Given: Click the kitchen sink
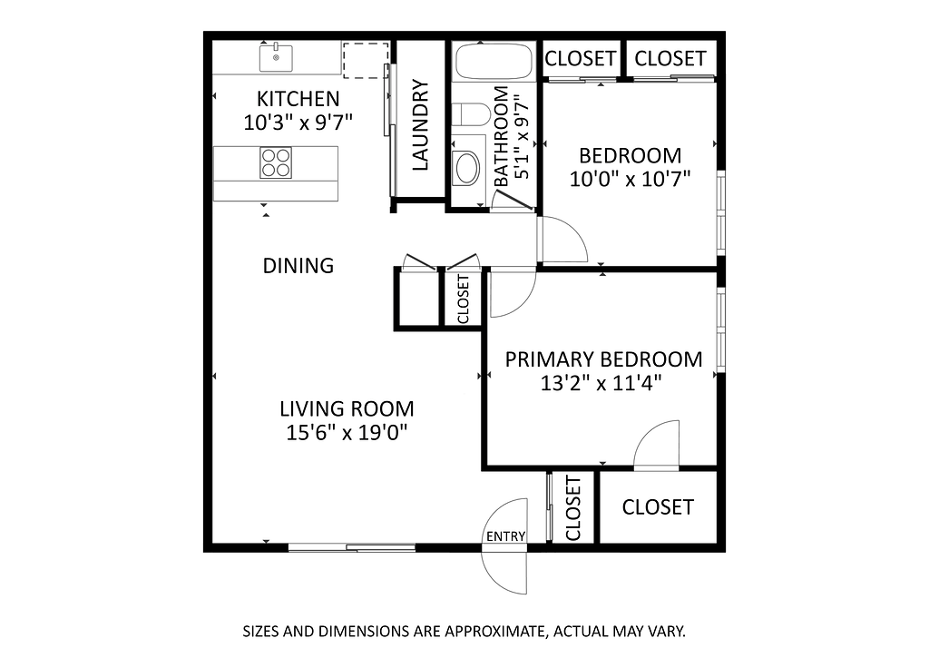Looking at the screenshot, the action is [276, 57].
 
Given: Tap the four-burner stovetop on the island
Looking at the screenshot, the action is [276, 163].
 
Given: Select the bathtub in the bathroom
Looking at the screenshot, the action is [493, 61].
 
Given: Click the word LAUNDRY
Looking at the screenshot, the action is [419, 125].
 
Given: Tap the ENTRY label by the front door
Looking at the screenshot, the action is [505, 536].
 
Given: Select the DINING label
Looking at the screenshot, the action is [298, 266].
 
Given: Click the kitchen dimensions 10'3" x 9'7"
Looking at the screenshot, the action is [298, 123].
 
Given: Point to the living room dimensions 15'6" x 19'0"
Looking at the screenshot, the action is [347, 433].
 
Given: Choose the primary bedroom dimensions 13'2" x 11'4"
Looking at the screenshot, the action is [601, 383].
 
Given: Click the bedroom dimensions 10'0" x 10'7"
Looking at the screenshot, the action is [631, 179].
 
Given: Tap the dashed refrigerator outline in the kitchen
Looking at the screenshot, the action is [366, 60].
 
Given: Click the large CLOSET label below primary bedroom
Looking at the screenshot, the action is [658, 507].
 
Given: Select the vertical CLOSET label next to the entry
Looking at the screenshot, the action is [573, 508].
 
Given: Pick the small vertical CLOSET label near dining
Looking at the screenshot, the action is [464, 299].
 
